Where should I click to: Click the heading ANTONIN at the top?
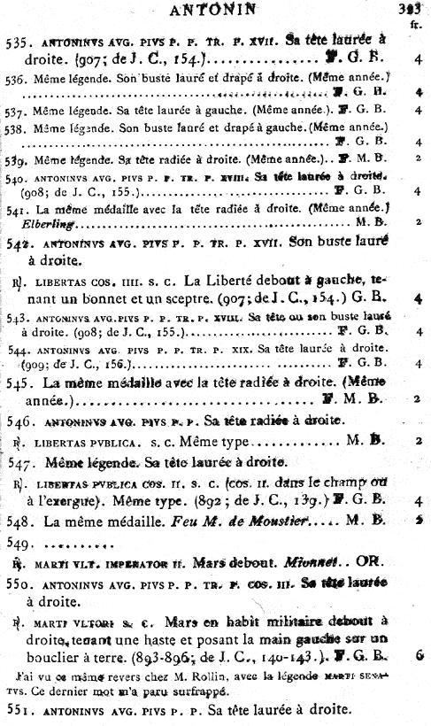[x=215, y=10]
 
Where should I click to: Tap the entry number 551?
[x=19, y=710]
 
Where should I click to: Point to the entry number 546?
[x=19, y=422]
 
